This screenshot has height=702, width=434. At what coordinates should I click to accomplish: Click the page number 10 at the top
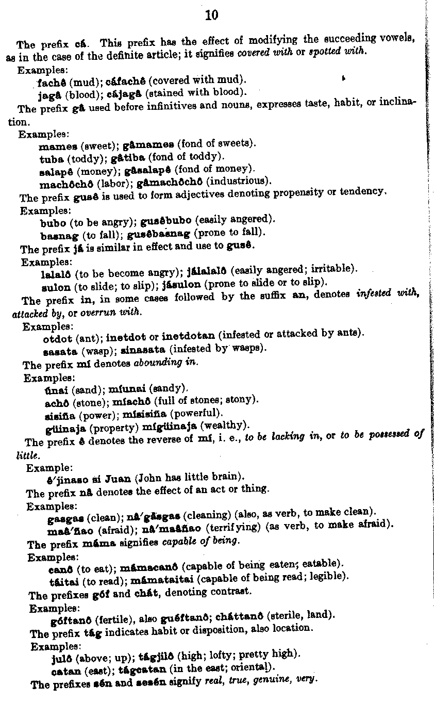pyautogui.click(x=211, y=16)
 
